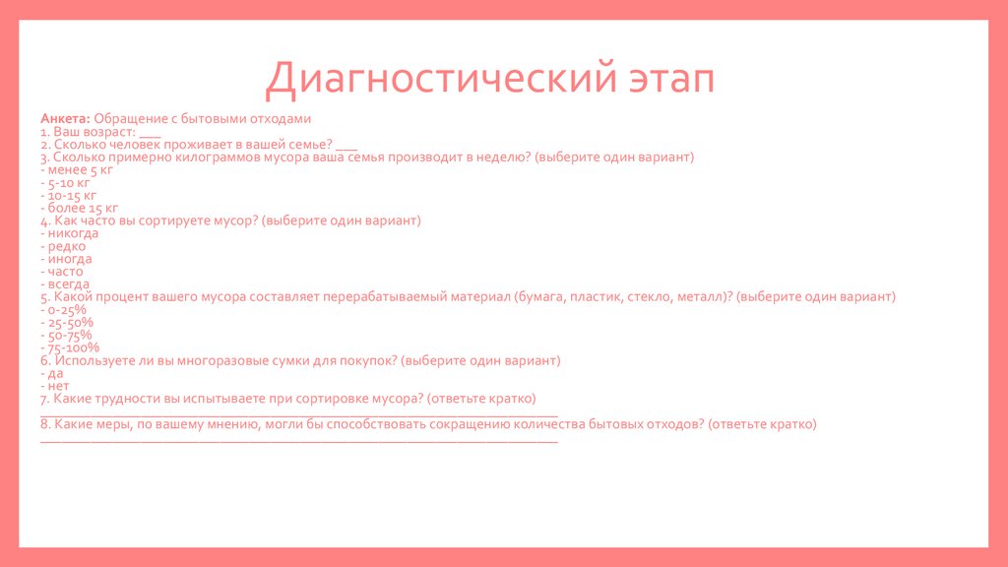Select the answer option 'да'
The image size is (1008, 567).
pyautogui.click(x=54, y=373)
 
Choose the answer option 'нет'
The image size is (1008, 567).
pyautogui.click(x=58, y=386)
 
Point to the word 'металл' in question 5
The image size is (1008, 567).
pyautogui.click(x=700, y=296)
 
